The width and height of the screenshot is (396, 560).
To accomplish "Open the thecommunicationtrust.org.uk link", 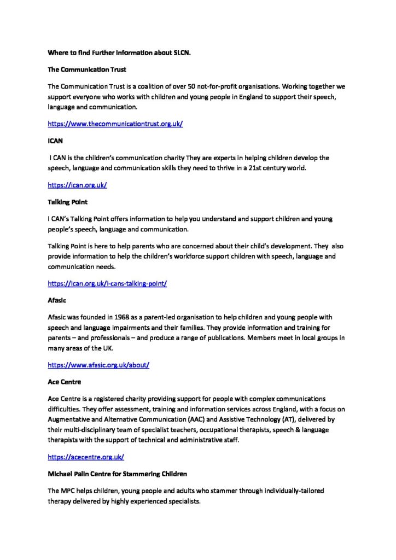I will coord(115,124).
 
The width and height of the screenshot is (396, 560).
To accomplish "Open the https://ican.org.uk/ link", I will coord(77,185).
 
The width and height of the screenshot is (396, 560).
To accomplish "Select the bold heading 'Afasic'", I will coord(57,300).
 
